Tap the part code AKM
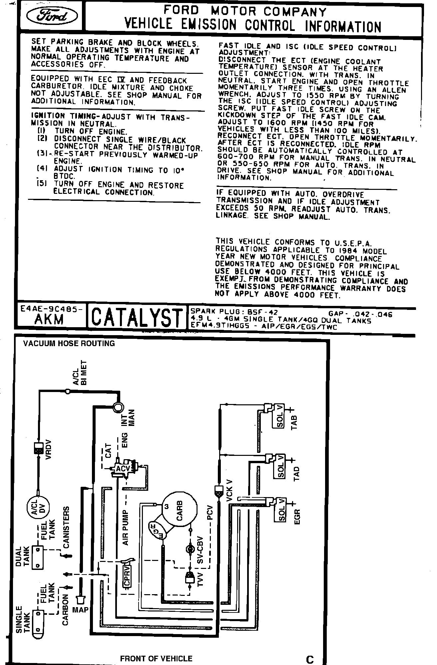[49, 319]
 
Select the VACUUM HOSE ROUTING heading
[69, 343]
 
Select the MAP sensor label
[80, 610]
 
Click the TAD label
[297, 473]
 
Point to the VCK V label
[229, 491]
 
